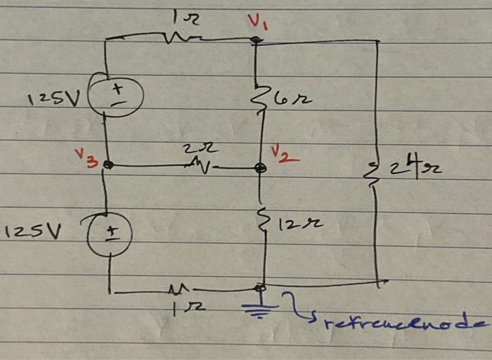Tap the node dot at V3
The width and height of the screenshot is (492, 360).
point(108,165)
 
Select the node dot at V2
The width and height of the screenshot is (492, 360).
point(260,168)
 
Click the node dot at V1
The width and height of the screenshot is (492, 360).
point(257,40)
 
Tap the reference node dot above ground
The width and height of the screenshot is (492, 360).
point(260,287)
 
